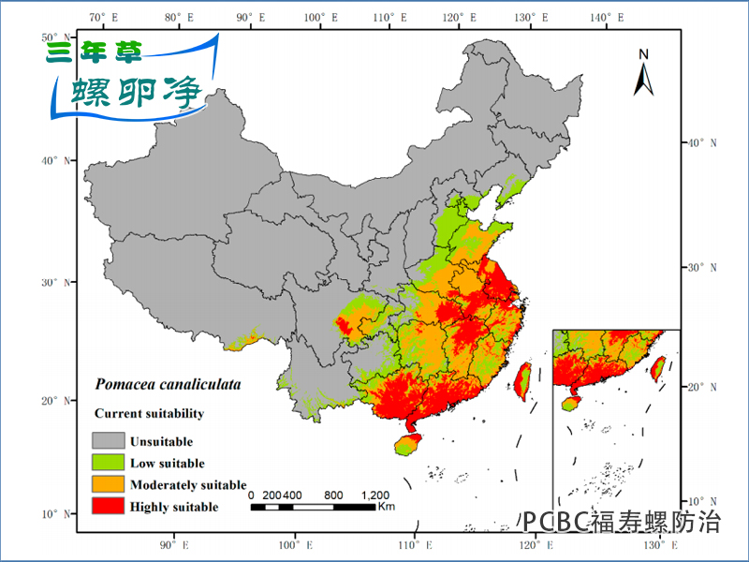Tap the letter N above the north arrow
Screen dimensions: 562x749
[643, 53]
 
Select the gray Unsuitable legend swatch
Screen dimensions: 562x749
[108, 440]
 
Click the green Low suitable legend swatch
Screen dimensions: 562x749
[108, 462]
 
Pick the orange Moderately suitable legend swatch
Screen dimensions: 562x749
[108, 484]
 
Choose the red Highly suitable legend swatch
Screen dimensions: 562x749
[108, 507]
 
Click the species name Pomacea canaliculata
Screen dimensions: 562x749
[168, 384]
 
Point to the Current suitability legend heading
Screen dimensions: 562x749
[149, 413]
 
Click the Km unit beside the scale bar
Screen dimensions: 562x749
[386, 507]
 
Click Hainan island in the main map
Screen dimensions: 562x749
[407, 444]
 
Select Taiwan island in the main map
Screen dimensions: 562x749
[522, 377]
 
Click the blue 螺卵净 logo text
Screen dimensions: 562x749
[138, 91]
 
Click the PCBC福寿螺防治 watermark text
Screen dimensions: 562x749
[622, 521]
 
